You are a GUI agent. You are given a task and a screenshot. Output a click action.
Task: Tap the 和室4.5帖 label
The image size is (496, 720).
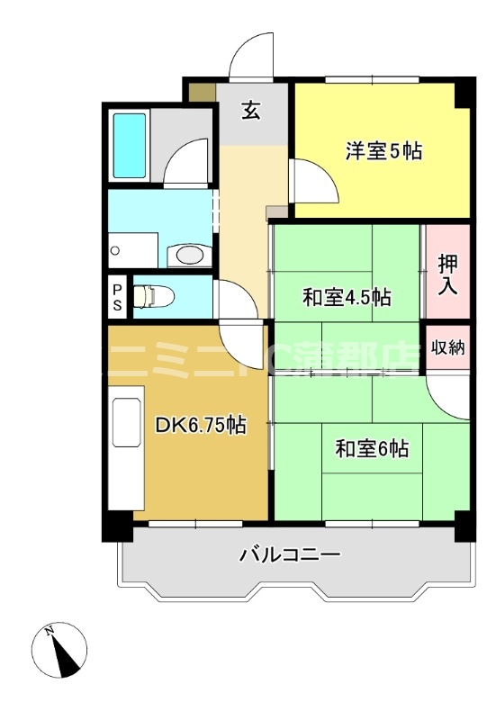click(346, 297)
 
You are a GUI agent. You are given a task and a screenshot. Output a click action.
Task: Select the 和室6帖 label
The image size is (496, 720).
click(373, 447)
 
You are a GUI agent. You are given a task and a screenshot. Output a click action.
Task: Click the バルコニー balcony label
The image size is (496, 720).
click(289, 554)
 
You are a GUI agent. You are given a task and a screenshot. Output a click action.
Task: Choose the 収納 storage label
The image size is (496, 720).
click(448, 347)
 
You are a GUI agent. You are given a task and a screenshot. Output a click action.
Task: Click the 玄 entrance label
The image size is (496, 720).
click(252, 111)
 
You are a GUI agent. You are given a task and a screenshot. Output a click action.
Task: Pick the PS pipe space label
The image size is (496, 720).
click(117, 296)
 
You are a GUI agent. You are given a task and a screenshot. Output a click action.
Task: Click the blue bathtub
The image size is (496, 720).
click(131, 147)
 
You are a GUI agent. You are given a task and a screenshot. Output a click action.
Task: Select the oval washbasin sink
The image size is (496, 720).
click(190, 256)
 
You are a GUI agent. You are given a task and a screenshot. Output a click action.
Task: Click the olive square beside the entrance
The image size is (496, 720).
click(203, 91)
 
